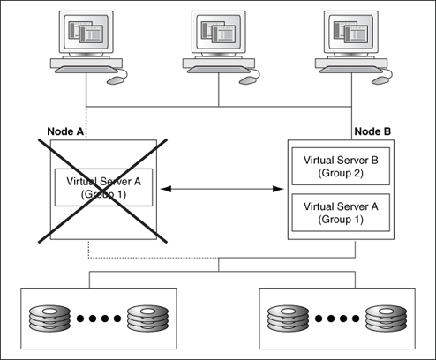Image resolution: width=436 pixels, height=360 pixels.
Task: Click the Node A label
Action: [x=64, y=131]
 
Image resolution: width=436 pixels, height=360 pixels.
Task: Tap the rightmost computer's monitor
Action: [x=351, y=35]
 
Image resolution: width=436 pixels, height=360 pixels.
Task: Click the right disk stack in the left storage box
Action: [x=147, y=316]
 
